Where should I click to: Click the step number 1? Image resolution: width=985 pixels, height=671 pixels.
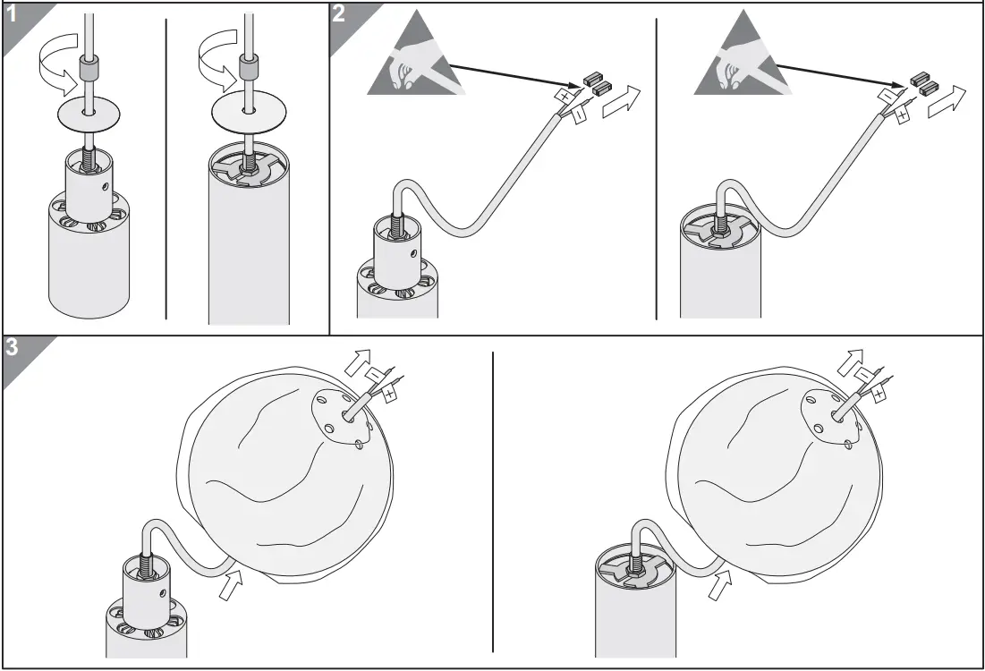coord(13,15)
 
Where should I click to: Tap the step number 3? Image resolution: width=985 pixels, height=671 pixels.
coord(13,349)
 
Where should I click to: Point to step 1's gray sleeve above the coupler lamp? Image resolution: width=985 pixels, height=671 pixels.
coord(87,68)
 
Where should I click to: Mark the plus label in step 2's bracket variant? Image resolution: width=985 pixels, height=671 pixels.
coord(902,115)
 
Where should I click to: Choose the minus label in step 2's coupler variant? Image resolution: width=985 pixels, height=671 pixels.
coord(578,115)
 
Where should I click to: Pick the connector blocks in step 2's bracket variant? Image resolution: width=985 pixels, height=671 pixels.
coord(922,83)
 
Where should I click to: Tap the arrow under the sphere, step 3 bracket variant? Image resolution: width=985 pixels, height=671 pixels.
coord(719,586)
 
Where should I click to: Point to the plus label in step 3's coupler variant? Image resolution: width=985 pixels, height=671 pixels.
coord(390,390)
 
